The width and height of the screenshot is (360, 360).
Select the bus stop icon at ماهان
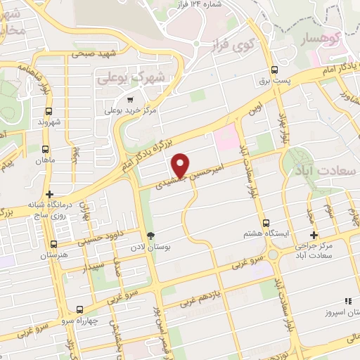[x=45, y=150]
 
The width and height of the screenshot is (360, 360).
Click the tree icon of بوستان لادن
[x=149, y=236]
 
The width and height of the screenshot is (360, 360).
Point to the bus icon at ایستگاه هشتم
[x=265, y=222]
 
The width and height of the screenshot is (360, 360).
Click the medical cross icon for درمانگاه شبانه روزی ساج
[x=49, y=194]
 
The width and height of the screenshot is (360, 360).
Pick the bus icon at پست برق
[x=274, y=70]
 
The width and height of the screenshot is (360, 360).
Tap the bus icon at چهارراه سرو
[x=79, y=309]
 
